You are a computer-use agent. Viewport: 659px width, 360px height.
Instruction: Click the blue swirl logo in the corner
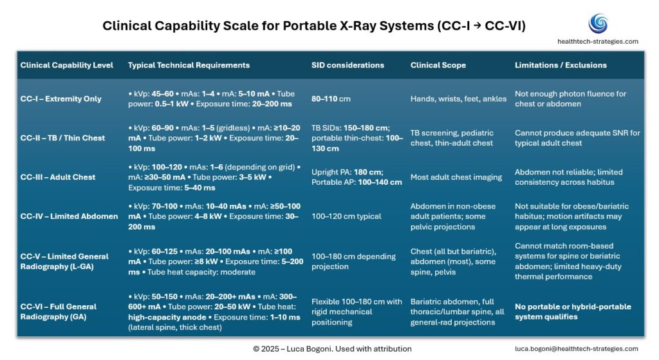[598, 23]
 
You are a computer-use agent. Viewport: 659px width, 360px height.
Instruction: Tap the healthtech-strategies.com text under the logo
[598, 41]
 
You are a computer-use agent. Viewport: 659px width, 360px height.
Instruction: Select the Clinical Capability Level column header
[66, 65]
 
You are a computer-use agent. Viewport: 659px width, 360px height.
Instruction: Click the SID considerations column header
[348, 65]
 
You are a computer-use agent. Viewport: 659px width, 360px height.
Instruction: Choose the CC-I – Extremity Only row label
[60, 99]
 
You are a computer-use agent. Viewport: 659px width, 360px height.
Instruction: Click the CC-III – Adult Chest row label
[58, 177]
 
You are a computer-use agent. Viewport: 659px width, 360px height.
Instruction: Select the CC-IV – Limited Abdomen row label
[69, 216]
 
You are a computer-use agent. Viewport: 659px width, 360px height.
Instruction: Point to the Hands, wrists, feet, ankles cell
[458, 99]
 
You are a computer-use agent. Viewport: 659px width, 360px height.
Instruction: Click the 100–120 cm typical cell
[347, 216]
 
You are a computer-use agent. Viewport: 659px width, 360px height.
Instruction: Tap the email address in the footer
[577, 348]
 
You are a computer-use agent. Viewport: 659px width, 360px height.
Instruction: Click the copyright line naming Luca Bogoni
[332, 348]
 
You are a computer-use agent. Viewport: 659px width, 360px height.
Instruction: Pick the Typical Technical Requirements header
[189, 65]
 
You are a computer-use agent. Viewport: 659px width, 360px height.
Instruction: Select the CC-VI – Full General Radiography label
[59, 312]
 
